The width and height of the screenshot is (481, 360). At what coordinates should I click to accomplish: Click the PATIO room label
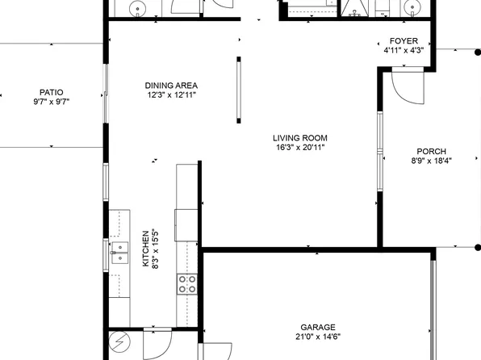coord(50,92)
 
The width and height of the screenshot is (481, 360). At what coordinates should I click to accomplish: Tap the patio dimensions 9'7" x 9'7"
coord(50,103)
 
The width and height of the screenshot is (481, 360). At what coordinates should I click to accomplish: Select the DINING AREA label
coord(171,86)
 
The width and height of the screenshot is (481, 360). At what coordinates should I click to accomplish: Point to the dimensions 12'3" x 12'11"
coord(171,95)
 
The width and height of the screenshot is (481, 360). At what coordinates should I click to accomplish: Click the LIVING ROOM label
coord(299,138)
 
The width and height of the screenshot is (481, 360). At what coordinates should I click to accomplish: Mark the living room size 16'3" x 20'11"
coord(299,148)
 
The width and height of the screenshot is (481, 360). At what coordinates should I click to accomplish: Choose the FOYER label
coord(404,40)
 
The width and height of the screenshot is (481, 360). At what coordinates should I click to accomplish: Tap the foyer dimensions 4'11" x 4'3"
coord(404,50)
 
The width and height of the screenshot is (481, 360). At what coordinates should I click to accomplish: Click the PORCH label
coord(431,151)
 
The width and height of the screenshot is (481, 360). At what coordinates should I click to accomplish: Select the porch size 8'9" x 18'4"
coord(431,161)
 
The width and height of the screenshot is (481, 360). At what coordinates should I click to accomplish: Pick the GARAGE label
coord(317,328)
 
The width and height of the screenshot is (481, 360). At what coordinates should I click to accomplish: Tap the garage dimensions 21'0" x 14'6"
coord(317,337)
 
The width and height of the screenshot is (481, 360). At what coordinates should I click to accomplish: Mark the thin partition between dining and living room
coord(238,90)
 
